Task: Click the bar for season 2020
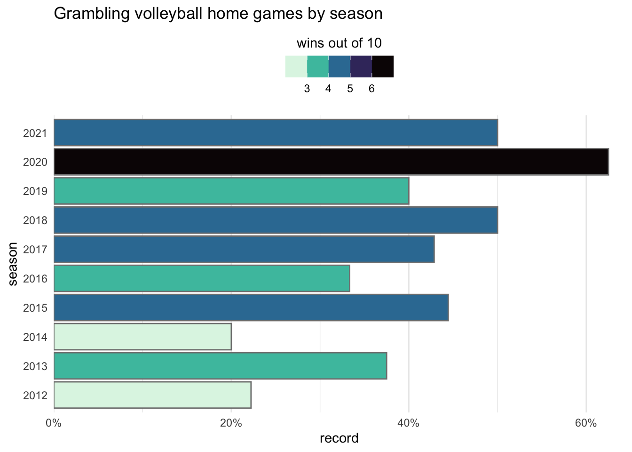pyautogui.click(x=331, y=162)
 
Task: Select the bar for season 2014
pyautogui.click(x=142, y=337)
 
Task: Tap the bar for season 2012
pyautogui.click(x=152, y=395)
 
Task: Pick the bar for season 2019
pyautogui.click(x=231, y=191)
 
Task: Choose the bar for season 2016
pyautogui.click(x=202, y=278)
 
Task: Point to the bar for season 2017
pyautogui.click(x=244, y=249)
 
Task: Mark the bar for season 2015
pyautogui.click(x=251, y=307)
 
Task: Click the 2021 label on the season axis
pyautogui.click(x=35, y=133)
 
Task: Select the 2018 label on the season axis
pyautogui.click(x=35, y=220)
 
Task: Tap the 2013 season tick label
pyautogui.click(x=35, y=366)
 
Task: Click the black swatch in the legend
pyautogui.click(x=383, y=66)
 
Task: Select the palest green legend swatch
pyautogui.click(x=296, y=66)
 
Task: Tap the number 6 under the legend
pyautogui.click(x=371, y=89)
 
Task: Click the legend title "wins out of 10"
pyautogui.click(x=339, y=44)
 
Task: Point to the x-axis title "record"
pyautogui.click(x=339, y=438)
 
